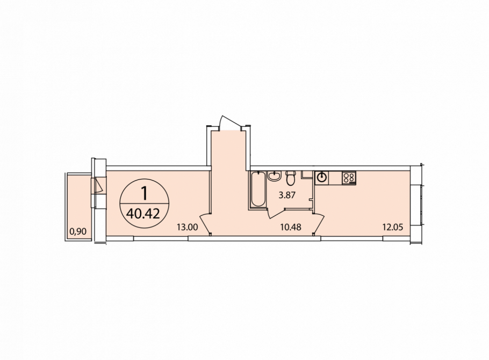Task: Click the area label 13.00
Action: tap(187, 227)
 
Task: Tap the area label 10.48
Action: tap(291, 227)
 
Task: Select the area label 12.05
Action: tap(393, 227)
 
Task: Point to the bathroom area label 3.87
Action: tap(287, 196)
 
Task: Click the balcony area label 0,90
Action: tap(78, 232)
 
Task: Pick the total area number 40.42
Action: tap(143, 214)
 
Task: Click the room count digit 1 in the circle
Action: tap(144, 193)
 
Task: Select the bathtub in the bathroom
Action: tap(258, 189)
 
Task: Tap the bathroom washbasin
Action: tap(275, 176)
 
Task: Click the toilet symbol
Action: tap(291, 178)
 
